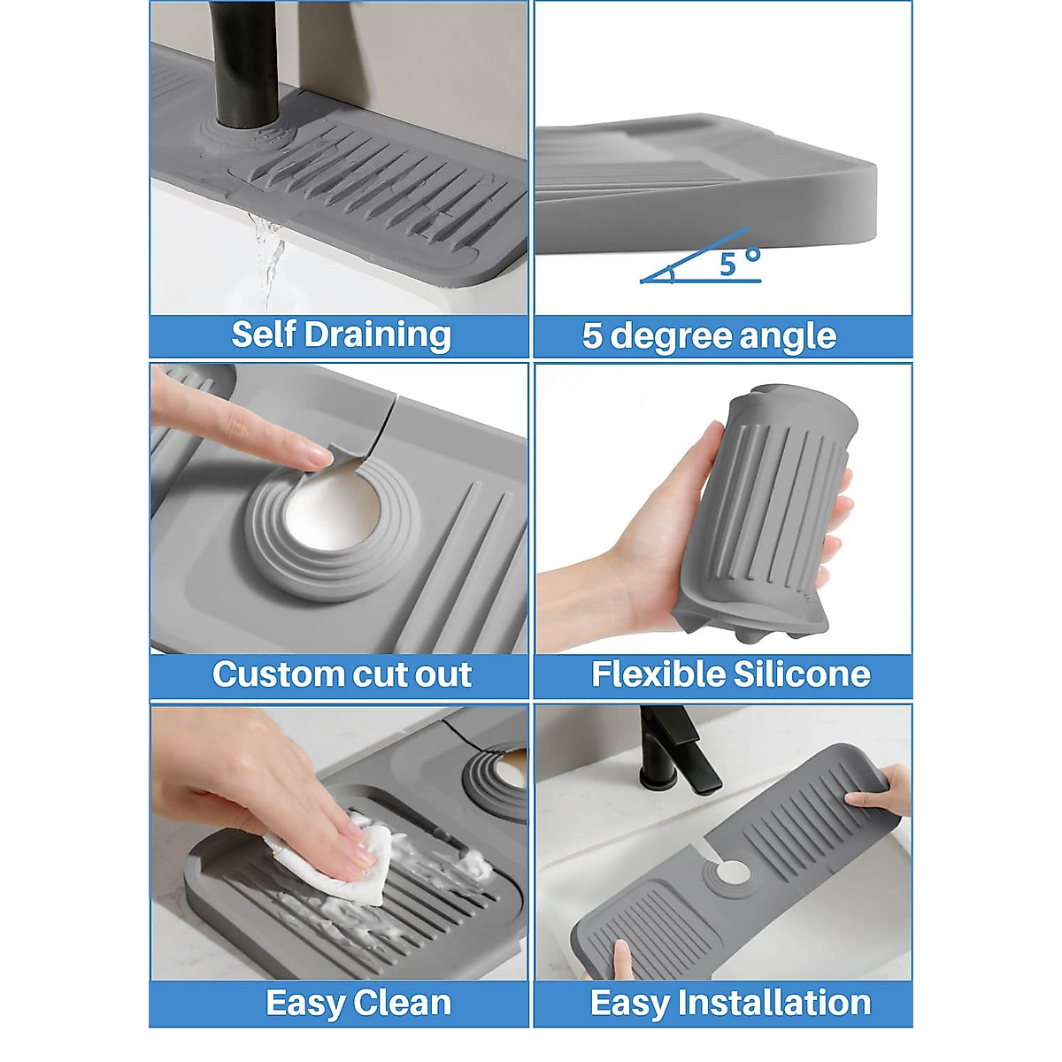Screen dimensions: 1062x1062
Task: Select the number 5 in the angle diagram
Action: click(x=727, y=264)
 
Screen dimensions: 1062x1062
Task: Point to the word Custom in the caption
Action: click(x=273, y=674)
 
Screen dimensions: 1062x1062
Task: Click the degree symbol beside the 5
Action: click(x=753, y=255)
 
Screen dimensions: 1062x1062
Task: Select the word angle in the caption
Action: click(x=788, y=337)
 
